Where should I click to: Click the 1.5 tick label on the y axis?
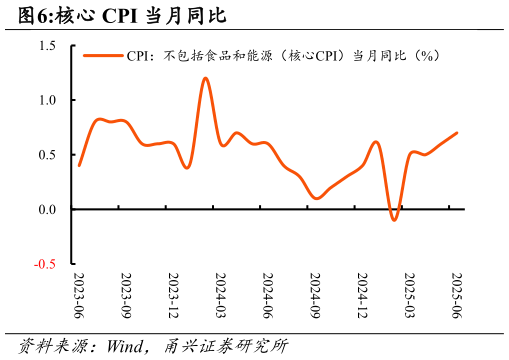point(48,46)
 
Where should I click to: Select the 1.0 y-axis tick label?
point(48,100)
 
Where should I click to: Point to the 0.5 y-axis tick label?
point(48,155)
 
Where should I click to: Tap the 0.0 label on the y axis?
point(48,209)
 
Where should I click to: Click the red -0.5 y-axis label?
point(46,264)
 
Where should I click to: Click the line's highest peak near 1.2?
point(205,78)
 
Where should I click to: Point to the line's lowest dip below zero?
point(394,219)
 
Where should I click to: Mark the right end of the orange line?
point(457,133)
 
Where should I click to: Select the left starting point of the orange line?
point(79,165)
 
